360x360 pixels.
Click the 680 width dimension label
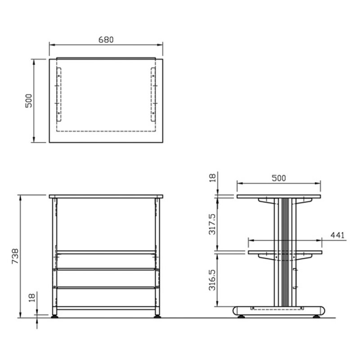[x=106, y=39]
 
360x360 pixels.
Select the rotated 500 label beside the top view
[x=28, y=100]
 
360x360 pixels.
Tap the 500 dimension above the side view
[x=279, y=178]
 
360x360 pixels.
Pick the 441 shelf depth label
[x=337, y=235]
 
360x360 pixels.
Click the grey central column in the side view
[x=284, y=252]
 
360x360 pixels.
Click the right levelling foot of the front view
[x=157, y=316]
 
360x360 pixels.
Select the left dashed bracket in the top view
[x=58, y=95]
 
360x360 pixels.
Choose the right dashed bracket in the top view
[x=153, y=95]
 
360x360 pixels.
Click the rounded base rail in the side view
[x=279, y=310]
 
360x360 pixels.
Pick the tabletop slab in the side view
[x=279, y=196]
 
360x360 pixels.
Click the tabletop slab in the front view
[x=106, y=197]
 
